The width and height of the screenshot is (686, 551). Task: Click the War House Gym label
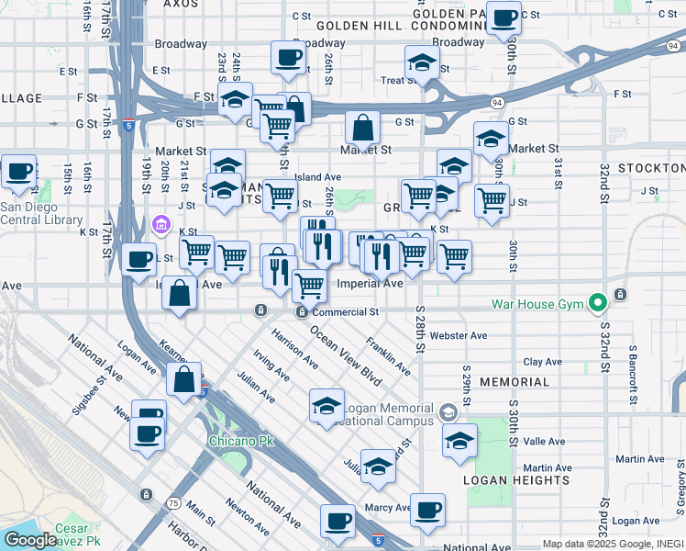point(539,302)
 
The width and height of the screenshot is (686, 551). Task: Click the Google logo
point(30,540)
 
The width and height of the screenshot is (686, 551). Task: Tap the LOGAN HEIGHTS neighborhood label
point(503,480)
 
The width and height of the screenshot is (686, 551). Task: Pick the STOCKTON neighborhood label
point(651,169)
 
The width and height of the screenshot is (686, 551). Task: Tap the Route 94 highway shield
point(496,103)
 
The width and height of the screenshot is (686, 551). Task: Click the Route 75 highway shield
point(172,503)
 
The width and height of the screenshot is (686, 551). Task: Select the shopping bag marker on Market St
point(363,128)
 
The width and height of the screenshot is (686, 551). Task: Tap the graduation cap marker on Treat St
point(422,62)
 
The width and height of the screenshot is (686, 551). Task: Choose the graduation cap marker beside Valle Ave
point(459,440)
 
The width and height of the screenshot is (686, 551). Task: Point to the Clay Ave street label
point(542,362)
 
